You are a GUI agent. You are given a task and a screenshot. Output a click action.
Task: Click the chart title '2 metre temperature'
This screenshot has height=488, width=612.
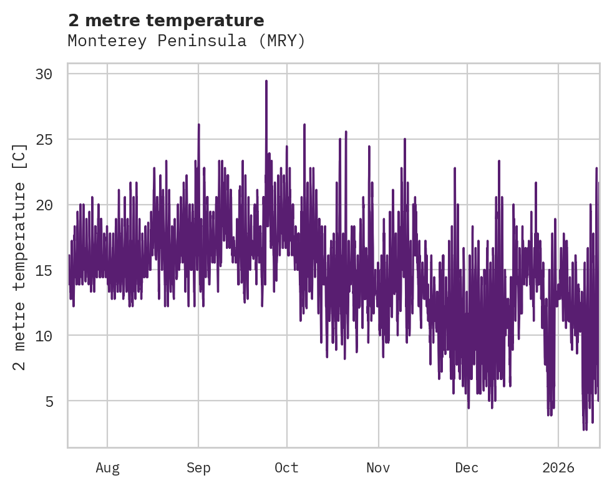pos(166,21)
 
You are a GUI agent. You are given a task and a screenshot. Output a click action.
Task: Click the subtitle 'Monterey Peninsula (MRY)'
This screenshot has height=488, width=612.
pos(187,41)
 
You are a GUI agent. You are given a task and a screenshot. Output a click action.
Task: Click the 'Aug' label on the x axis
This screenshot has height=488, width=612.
pos(107,468)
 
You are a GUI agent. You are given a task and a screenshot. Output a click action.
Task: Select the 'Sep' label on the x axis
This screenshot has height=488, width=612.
pos(198,468)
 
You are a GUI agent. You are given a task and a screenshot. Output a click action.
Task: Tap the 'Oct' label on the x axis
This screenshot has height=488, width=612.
pos(287,468)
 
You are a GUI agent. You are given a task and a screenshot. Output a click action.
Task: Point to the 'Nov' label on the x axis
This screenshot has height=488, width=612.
pos(378,468)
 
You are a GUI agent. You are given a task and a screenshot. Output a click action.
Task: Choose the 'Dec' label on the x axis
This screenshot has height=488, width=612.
pos(467,468)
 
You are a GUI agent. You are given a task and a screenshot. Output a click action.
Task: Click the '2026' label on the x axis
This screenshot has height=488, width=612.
pos(558,468)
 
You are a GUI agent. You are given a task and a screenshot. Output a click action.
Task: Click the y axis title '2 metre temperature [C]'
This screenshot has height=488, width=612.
pos(20,256)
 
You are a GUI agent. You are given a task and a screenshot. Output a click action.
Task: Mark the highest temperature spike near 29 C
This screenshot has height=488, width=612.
pos(266,82)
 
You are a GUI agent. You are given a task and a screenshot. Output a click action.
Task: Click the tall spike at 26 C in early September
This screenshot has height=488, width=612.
pos(198,125)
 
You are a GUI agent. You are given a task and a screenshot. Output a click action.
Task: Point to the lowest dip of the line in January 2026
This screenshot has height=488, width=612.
pos(585,429)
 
